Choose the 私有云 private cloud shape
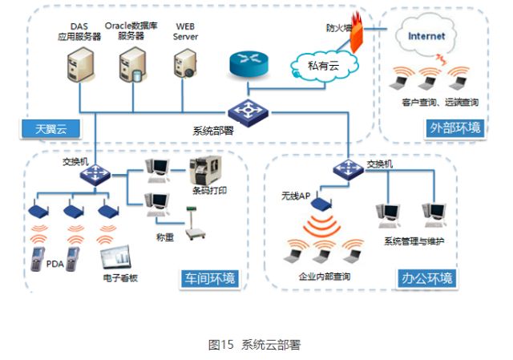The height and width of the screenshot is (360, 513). pyautogui.click(x=318, y=65)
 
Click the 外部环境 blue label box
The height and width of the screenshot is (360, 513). pyautogui.click(x=455, y=127)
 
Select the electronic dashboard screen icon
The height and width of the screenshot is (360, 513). pyautogui.click(x=115, y=257)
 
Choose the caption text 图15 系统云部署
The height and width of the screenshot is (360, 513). pyautogui.click(x=254, y=345)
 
